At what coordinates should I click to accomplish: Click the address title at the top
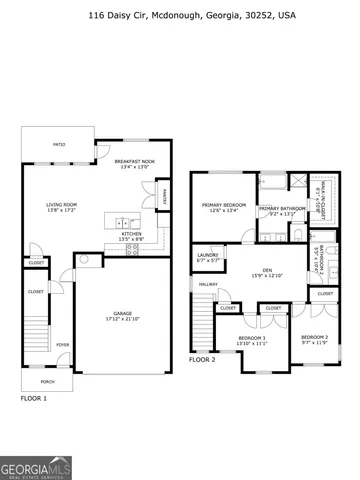coord(179,16)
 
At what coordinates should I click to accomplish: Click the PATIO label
coord(59,146)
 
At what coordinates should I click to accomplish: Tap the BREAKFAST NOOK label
coord(134,164)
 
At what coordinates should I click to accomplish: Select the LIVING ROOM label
coord(62,208)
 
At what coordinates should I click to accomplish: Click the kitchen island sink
coord(121,220)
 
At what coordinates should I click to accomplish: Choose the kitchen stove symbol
coord(132,250)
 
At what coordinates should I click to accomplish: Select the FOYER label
coord(62,345)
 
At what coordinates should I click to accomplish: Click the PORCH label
coord(47,381)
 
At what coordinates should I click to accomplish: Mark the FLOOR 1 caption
coord(34,398)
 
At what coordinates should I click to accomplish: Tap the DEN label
coord(267,272)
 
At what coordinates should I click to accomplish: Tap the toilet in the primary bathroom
coord(297,234)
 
